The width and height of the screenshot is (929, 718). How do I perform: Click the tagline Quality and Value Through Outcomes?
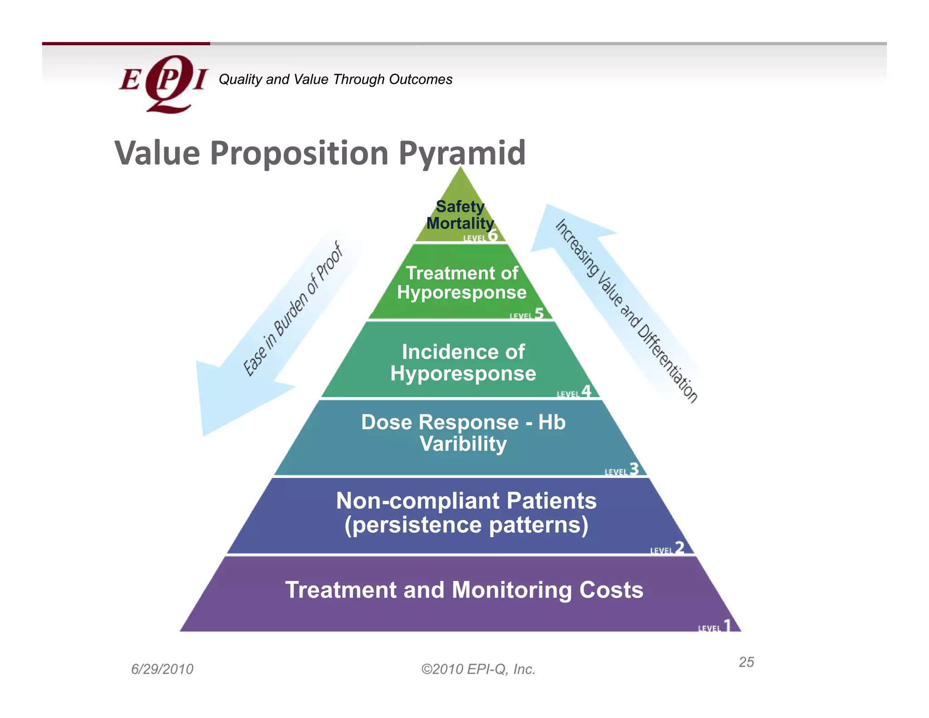pos(335,79)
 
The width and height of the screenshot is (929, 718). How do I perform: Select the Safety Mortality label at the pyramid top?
pos(460,215)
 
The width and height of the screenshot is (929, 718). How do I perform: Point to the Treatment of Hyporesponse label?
pos(462,283)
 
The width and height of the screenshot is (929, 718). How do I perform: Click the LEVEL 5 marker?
pos(527,315)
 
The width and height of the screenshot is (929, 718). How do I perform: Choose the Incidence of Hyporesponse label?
pos(463,363)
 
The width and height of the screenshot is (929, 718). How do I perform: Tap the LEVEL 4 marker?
pos(574,392)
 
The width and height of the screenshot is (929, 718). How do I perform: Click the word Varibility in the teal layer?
pos(463,444)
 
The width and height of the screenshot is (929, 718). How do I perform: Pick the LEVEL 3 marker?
pos(621,470)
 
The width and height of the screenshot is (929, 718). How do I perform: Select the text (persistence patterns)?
pos(466,525)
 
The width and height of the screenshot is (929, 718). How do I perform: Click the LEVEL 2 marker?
pos(667,549)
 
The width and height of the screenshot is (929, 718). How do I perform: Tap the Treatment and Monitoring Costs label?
pos(464,590)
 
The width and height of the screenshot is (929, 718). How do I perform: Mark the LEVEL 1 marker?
pos(714,627)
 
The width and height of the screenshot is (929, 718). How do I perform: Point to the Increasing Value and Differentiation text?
pos(626,310)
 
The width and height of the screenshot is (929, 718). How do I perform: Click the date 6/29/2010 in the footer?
pos(162,669)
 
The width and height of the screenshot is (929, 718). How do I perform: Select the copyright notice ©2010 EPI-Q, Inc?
pos(478,669)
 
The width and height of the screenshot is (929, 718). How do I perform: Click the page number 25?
pos(746,662)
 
